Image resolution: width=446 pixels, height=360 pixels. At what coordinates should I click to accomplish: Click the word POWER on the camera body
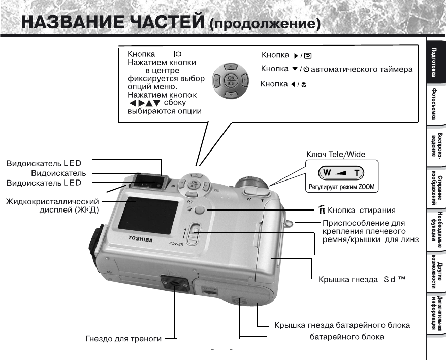point(177,244)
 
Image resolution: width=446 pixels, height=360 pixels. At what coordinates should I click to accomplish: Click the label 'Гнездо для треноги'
point(124,339)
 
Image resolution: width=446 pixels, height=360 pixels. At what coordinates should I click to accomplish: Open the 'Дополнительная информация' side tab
point(435,314)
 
